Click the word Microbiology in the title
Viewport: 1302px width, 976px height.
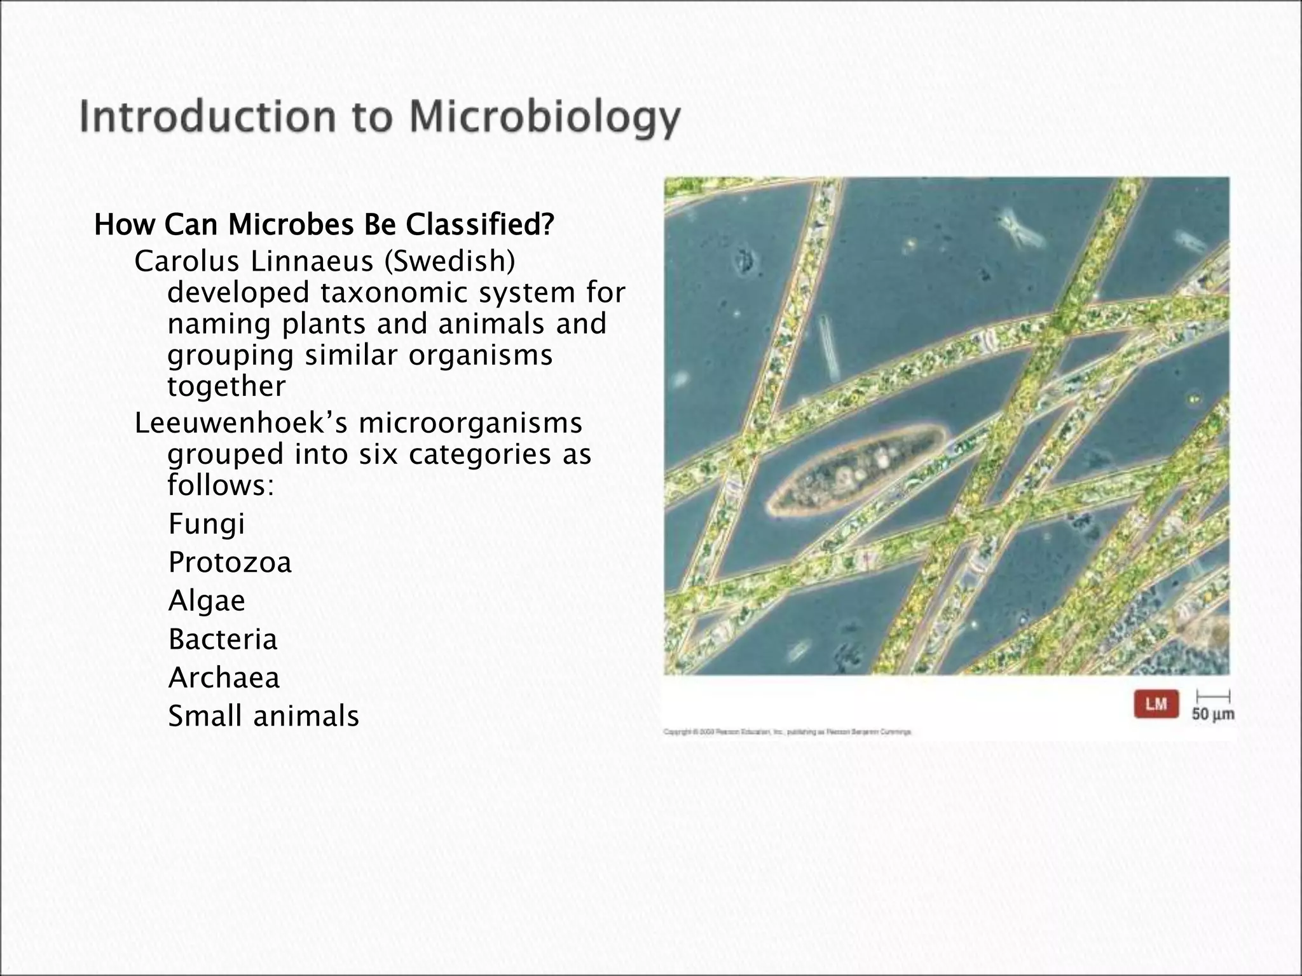544,118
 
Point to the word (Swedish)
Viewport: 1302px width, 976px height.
449,261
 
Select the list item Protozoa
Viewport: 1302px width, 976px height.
230,562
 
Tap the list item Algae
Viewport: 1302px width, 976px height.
207,601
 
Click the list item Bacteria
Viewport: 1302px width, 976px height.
223,639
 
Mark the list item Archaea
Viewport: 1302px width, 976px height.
224,678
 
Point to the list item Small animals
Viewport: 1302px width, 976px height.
263,716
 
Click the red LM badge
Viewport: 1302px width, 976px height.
1156,704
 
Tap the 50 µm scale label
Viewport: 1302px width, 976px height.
1212,714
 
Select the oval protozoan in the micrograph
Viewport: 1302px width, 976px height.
856,470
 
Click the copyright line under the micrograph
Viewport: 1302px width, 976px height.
787,732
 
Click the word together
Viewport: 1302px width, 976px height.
226,386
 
